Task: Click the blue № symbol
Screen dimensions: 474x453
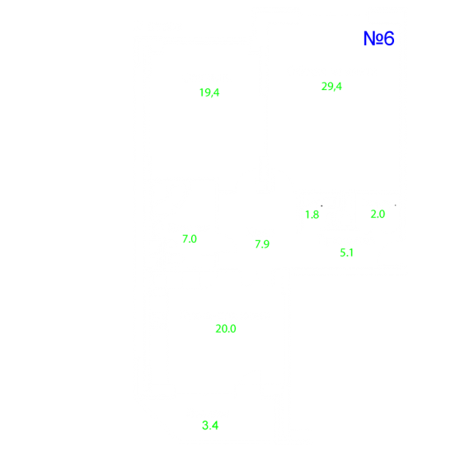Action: (x=374, y=39)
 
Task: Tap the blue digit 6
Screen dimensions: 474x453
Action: (x=390, y=39)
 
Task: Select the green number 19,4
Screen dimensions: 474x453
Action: (x=209, y=92)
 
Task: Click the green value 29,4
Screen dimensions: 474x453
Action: (x=331, y=87)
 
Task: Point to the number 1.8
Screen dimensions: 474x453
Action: (x=312, y=215)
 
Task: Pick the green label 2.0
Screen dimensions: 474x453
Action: (x=378, y=215)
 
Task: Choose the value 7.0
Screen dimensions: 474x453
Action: (x=190, y=239)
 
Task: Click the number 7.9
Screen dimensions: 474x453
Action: (x=262, y=244)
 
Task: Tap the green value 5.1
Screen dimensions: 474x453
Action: (x=346, y=252)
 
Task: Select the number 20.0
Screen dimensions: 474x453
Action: (x=226, y=328)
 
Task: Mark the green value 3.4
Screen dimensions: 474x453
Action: (x=210, y=426)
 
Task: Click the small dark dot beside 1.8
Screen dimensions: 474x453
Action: (x=321, y=205)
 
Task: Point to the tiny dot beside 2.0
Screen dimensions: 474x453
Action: (x=396, y=205)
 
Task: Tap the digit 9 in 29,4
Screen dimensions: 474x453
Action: (x=330, y=87)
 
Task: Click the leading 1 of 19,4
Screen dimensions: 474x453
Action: (x=201, y=92)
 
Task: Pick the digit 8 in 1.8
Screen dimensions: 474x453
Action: (x=316, y=215)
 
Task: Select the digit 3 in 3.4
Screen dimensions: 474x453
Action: (x=205, y=426)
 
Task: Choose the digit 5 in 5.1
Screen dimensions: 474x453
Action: (x=342, y=252)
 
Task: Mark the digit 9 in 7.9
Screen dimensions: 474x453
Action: (x=266, y=244)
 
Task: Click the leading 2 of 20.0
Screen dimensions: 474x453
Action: (x=218, y=328)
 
